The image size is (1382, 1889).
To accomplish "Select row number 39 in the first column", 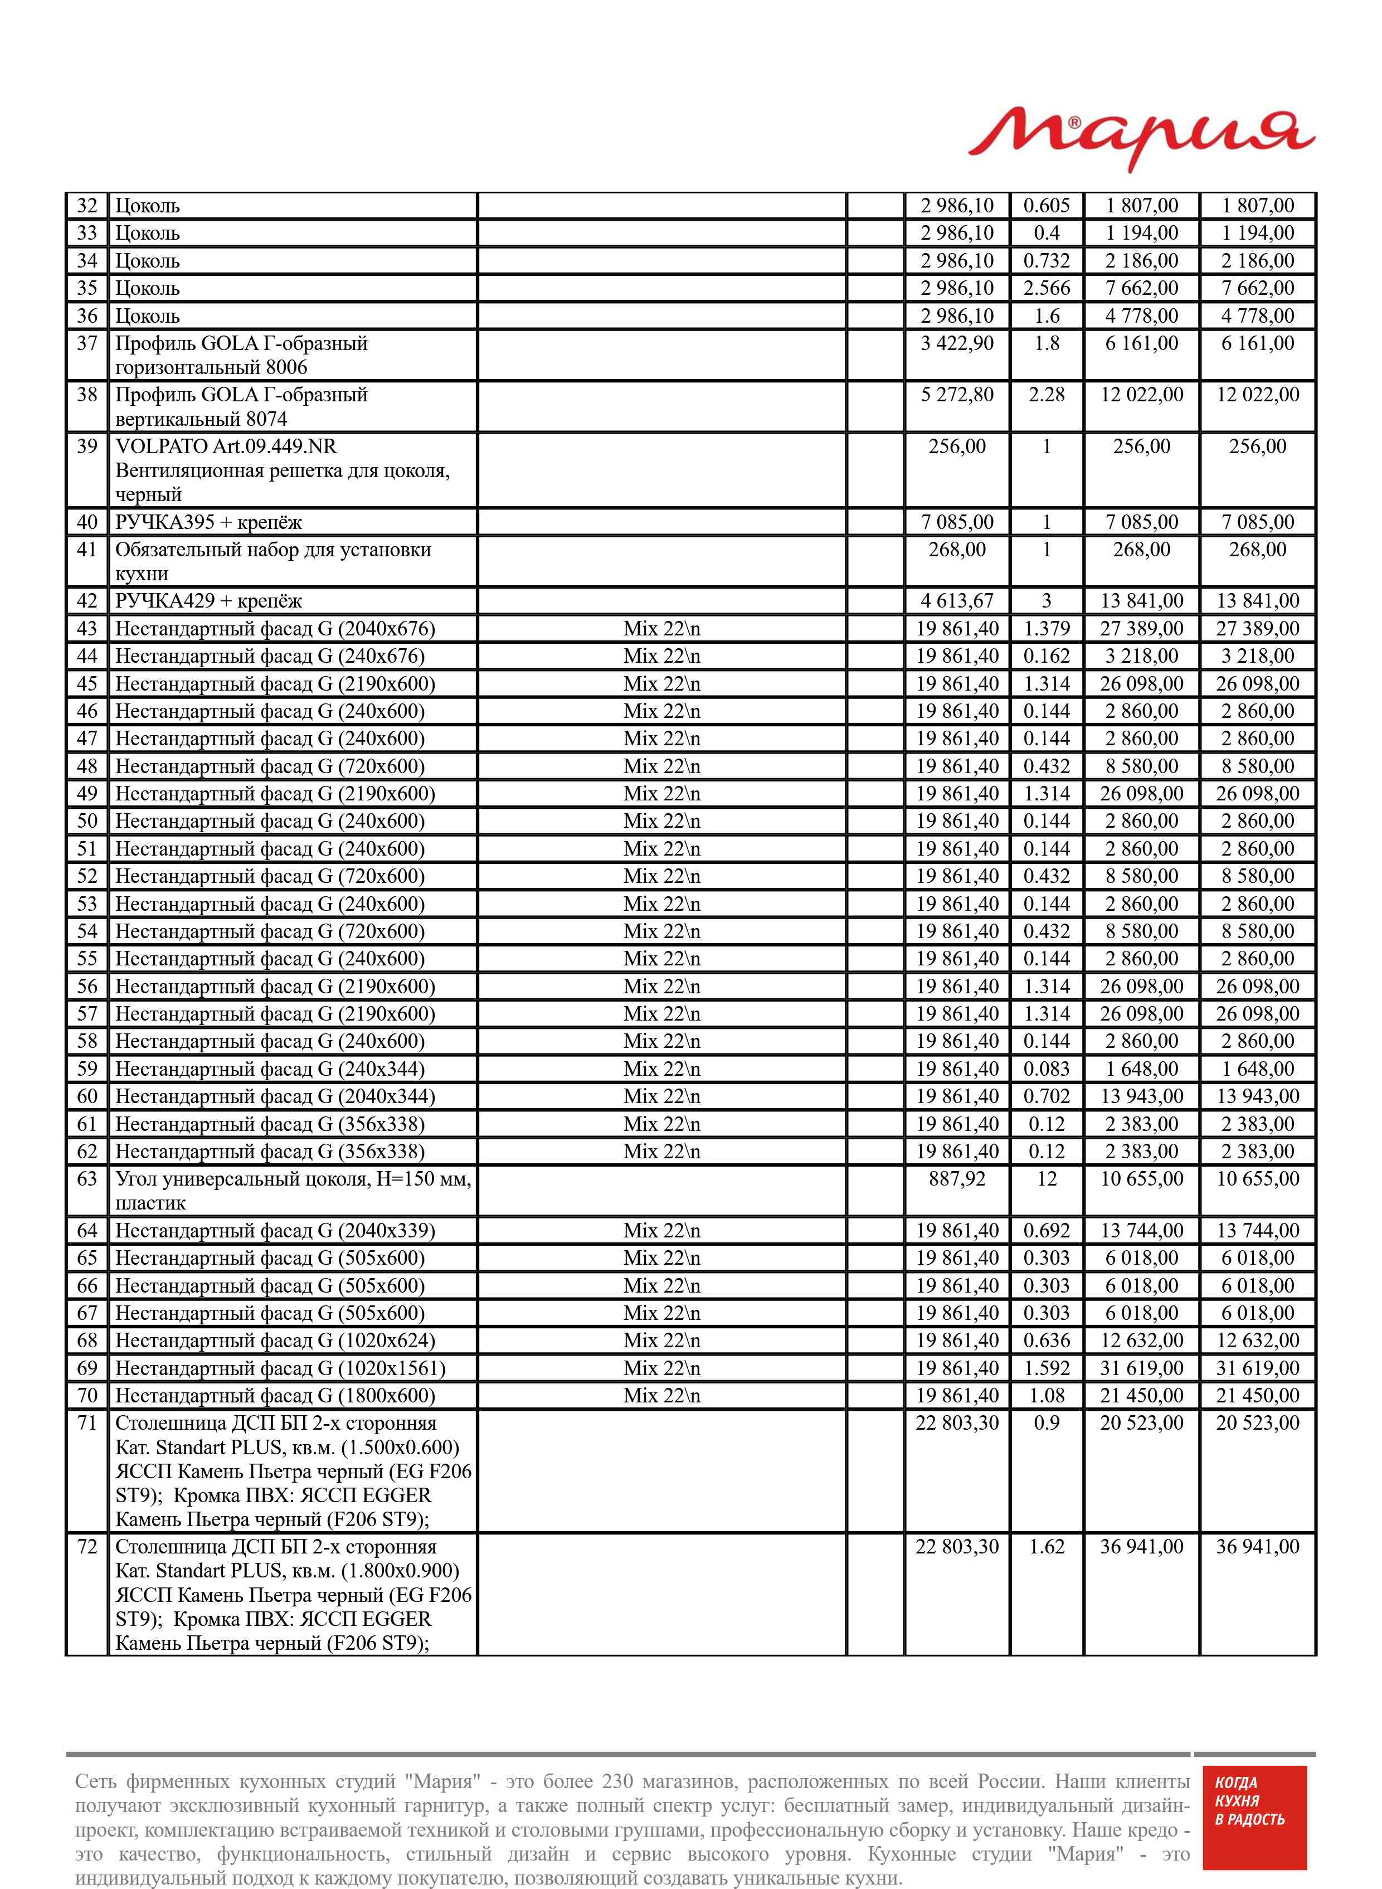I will (x=87, y=446).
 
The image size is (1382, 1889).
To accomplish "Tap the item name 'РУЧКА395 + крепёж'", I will (x=208, y=523).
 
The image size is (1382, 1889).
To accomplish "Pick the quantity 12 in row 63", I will (x=1047, y=1179).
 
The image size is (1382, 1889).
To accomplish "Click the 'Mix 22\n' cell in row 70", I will (x=661, y=1395).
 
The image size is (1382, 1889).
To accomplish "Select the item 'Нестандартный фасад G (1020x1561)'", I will (x=280, y=1368).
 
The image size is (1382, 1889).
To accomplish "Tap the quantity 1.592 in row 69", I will (x=1047, y=1368).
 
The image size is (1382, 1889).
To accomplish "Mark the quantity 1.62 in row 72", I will (x=1047, y=1546).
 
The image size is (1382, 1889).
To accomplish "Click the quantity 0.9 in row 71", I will (x=1047, y=1423).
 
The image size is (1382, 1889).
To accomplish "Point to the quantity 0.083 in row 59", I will (x=1047, y=1069).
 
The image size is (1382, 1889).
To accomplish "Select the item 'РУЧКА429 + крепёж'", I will (x=208, y=601).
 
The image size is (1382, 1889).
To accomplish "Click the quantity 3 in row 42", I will (x=1047, y=601).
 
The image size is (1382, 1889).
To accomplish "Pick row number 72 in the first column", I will (x=87, y=1546).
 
